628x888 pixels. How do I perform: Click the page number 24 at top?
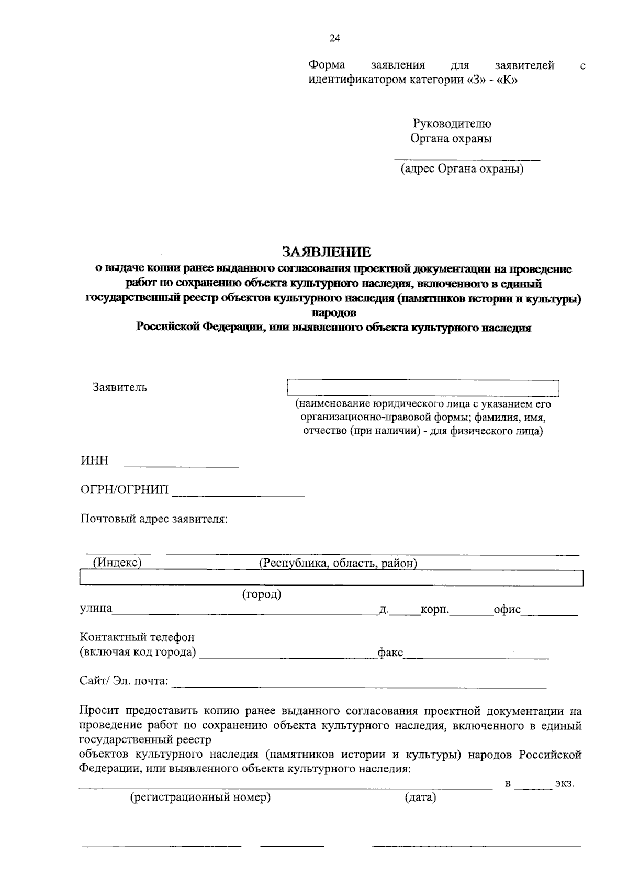(x=335, y=38)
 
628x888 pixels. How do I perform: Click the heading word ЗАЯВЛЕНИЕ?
(x=327, y=252)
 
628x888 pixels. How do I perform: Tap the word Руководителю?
(x=452, y=124)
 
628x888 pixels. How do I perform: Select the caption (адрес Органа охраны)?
(x=462, y=169)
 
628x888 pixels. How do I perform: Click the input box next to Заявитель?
(x=423, y=388)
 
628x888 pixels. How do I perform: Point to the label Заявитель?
(x=120, y=388)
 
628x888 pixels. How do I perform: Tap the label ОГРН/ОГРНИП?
(x=125, y=490)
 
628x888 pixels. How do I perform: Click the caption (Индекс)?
(x=117, y=563)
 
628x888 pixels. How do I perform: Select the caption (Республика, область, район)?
(x=338, y=563)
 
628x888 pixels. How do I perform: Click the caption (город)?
(x=262, y=594)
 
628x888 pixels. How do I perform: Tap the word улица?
(x=96, y=609)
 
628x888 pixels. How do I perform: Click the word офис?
(x=507, y=610)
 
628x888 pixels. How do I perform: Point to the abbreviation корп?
(x=435, y=610)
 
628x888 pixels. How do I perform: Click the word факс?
(x=390, y=653)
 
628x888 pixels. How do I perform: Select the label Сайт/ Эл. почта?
(x=124, y=681)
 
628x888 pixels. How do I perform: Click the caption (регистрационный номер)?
(x=200, y=798)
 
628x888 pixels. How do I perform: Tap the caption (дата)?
(x=420, y=798)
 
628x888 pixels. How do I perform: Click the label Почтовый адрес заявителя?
(x=154, y=519)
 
